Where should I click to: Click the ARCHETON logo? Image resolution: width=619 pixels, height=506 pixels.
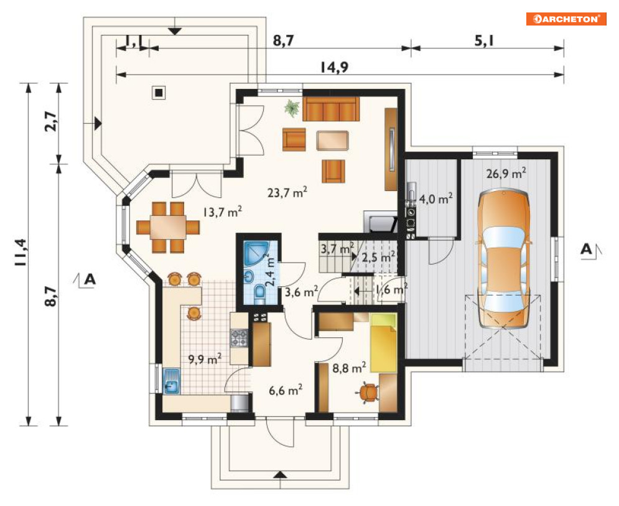pos(566,19)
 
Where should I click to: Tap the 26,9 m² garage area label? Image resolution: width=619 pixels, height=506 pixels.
pos(506,173)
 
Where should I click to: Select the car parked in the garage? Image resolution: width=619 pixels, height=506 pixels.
pos(504,260)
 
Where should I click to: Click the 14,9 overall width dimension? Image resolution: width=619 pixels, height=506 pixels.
pos(334,67)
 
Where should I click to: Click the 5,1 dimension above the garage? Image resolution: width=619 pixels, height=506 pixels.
pos(485,40)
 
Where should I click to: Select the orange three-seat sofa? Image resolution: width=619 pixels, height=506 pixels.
pos(331,109)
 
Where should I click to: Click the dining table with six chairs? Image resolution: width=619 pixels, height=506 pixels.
pos(168,227)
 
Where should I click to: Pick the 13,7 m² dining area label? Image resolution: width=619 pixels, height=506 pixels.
pos(222,212)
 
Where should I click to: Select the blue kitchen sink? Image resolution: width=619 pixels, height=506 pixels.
pos(171,381)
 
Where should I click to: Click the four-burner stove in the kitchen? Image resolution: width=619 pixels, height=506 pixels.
pos(240,338)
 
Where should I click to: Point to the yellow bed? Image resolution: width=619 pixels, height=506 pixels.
pos(383,343)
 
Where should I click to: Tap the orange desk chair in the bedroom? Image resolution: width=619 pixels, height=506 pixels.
pos(368,392)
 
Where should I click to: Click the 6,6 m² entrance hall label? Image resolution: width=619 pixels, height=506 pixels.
pos(286,390)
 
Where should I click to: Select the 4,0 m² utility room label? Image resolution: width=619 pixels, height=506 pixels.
pos(435,199)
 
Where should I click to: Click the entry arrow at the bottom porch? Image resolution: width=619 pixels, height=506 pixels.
pos(281,475)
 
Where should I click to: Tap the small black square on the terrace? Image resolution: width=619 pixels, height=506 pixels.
pos(159,93)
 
